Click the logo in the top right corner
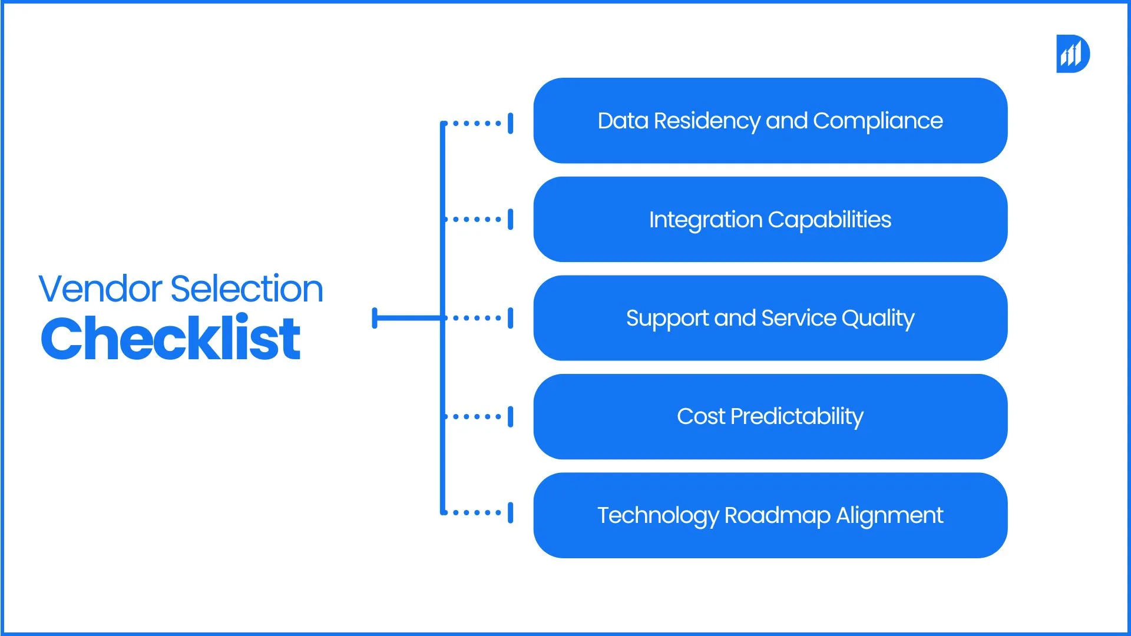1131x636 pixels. tap(1073, 54)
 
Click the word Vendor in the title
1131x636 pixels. tap(100, 289)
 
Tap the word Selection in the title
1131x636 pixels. tap(247, 289)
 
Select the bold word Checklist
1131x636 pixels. tap(171, 339)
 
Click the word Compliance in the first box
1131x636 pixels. tap(878, 121)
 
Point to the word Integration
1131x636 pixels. tap(705, 220)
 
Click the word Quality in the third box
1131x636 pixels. tap(878, 319)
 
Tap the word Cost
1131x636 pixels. tap(700, 417)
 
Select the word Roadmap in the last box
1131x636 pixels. tap(777, 516)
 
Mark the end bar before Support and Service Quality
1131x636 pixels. tap(511, 318)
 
